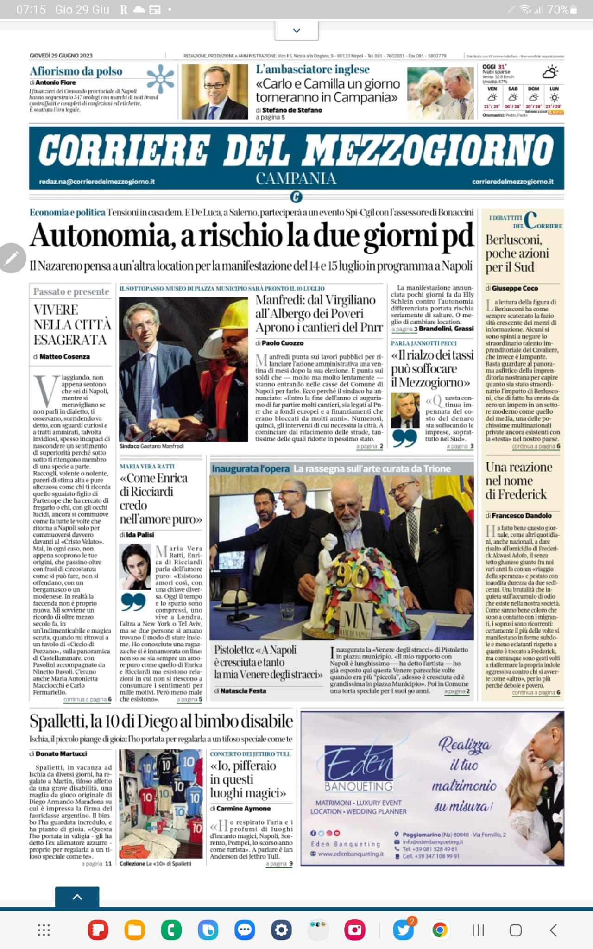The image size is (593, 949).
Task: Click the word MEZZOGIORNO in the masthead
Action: click(429, 150)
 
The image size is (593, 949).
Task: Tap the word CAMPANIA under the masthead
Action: click(296, 179)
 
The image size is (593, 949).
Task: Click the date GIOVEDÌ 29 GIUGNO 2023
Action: click(61, 56)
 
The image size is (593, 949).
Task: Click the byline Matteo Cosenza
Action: click(64, 356)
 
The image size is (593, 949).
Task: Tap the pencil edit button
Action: click(12, 258)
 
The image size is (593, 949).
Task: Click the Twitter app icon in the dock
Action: click(403, 930)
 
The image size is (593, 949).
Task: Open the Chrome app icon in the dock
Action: click(440, 930)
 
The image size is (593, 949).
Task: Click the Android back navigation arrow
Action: click(553, 930)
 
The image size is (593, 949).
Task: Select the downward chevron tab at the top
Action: click(296, 31)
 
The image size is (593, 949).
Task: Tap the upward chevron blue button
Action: click(77, 897)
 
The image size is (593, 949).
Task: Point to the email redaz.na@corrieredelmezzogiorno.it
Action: click(97, 182)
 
